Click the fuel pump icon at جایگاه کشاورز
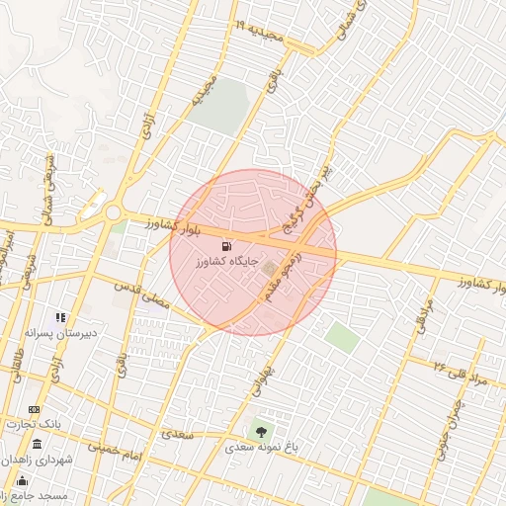pyautogui.click(x=229, y=246)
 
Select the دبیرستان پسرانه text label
pyautogui.click(x=61, y=334)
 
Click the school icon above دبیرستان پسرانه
pyautogui.click(x=60, y=318)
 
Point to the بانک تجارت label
pyautogui.click(x=34, y=424)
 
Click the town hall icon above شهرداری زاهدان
pyautogui.click(x=38, y=445)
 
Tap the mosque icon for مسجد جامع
pyautogui.click(x=22, y=480)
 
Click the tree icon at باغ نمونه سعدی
pyautogui.click(x=261, y=431)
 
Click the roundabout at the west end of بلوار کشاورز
pyautogui.click(x=113, y=212)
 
